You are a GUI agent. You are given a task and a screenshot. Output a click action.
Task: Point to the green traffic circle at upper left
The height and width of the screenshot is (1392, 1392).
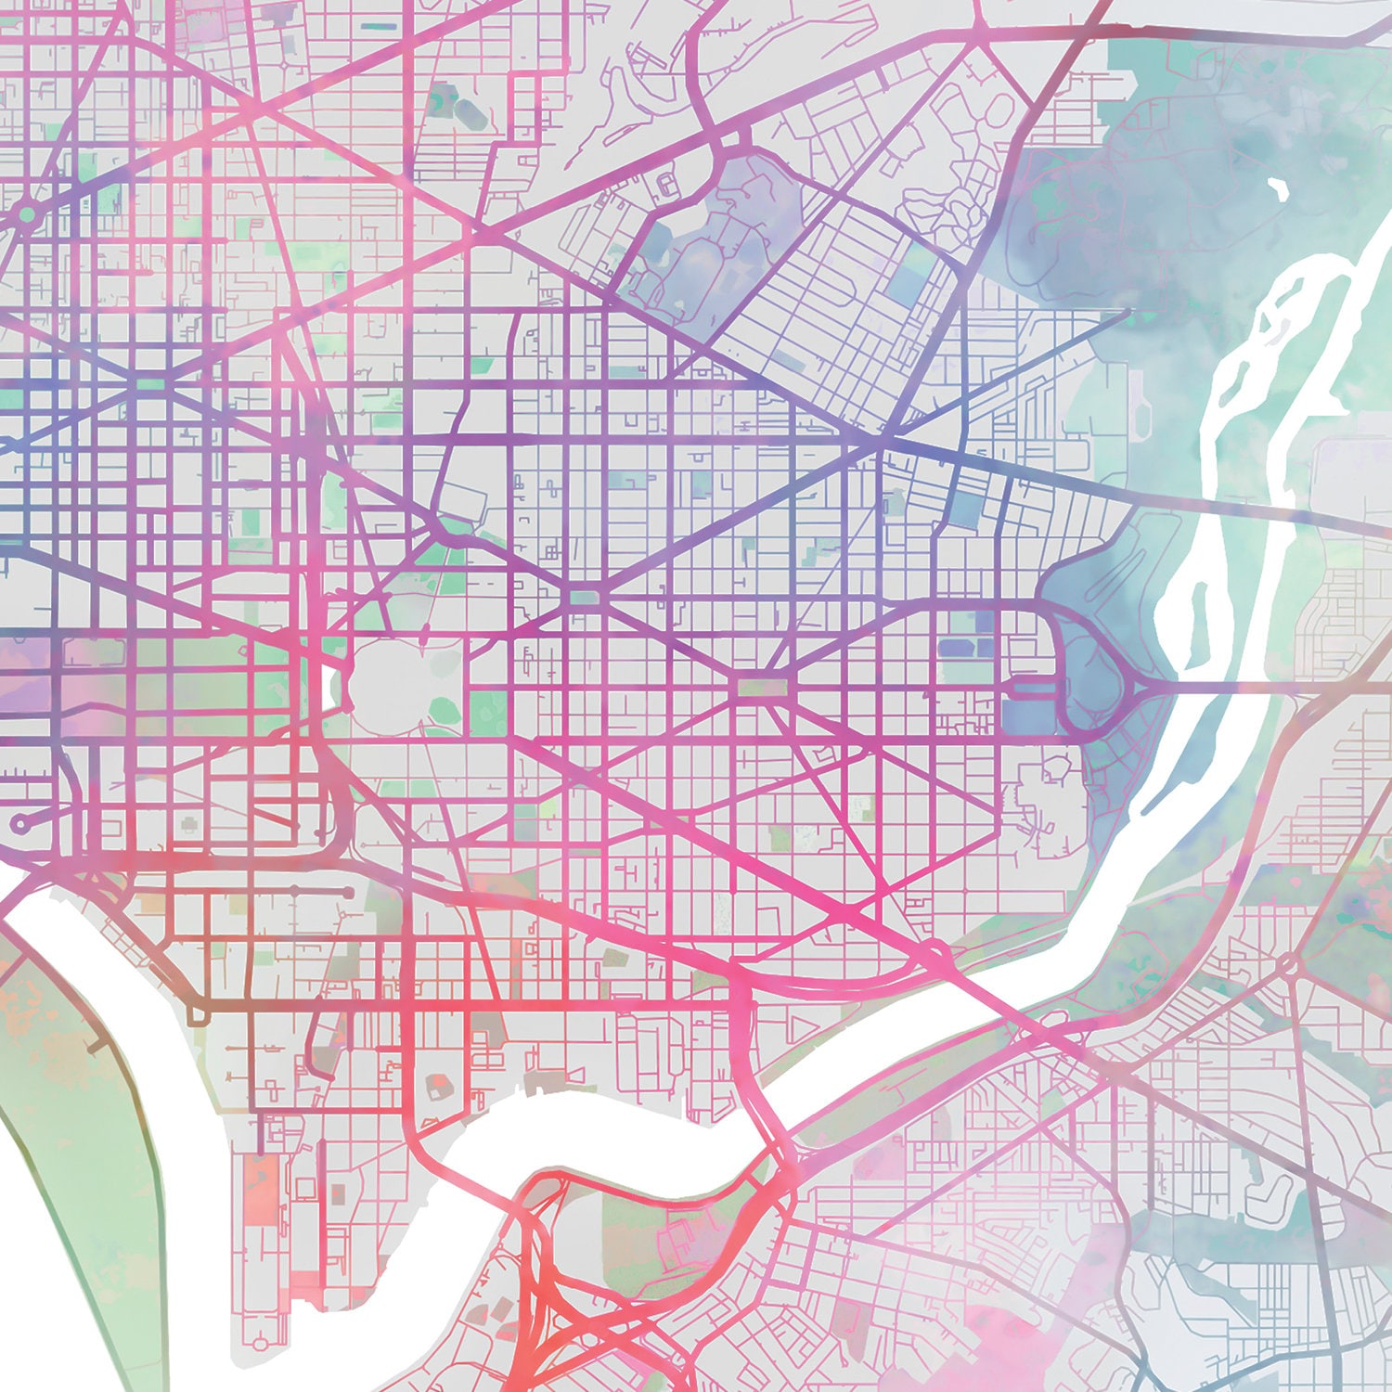[x=27, y=214]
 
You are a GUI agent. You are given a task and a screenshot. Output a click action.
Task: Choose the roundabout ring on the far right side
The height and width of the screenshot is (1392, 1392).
[x=1287, y=966]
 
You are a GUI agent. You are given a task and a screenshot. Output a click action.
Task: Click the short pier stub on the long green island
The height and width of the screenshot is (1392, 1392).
[x=97, y=1046]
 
